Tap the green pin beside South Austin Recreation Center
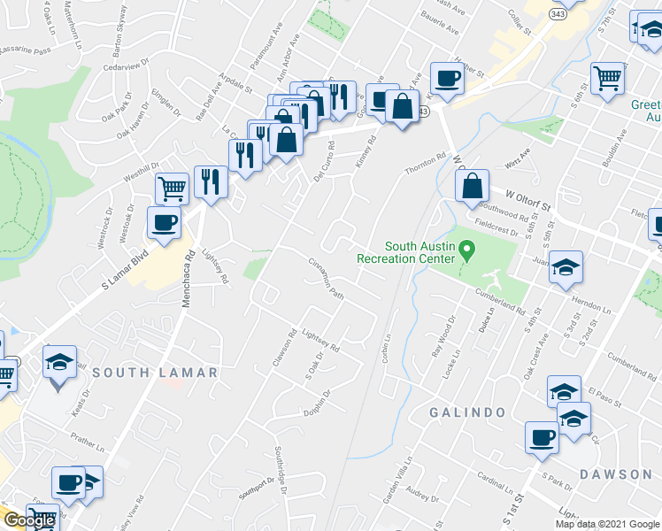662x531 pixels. [469, 252]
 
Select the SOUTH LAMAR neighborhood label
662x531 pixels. [155, 373]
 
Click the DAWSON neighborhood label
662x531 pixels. [616, 474]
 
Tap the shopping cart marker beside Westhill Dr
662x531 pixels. [172, 187]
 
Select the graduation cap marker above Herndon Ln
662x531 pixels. [565, 266]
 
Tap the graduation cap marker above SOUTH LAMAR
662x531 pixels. [59, 363]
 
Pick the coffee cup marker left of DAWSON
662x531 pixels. [542, 437]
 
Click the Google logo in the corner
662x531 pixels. [29, 520]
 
